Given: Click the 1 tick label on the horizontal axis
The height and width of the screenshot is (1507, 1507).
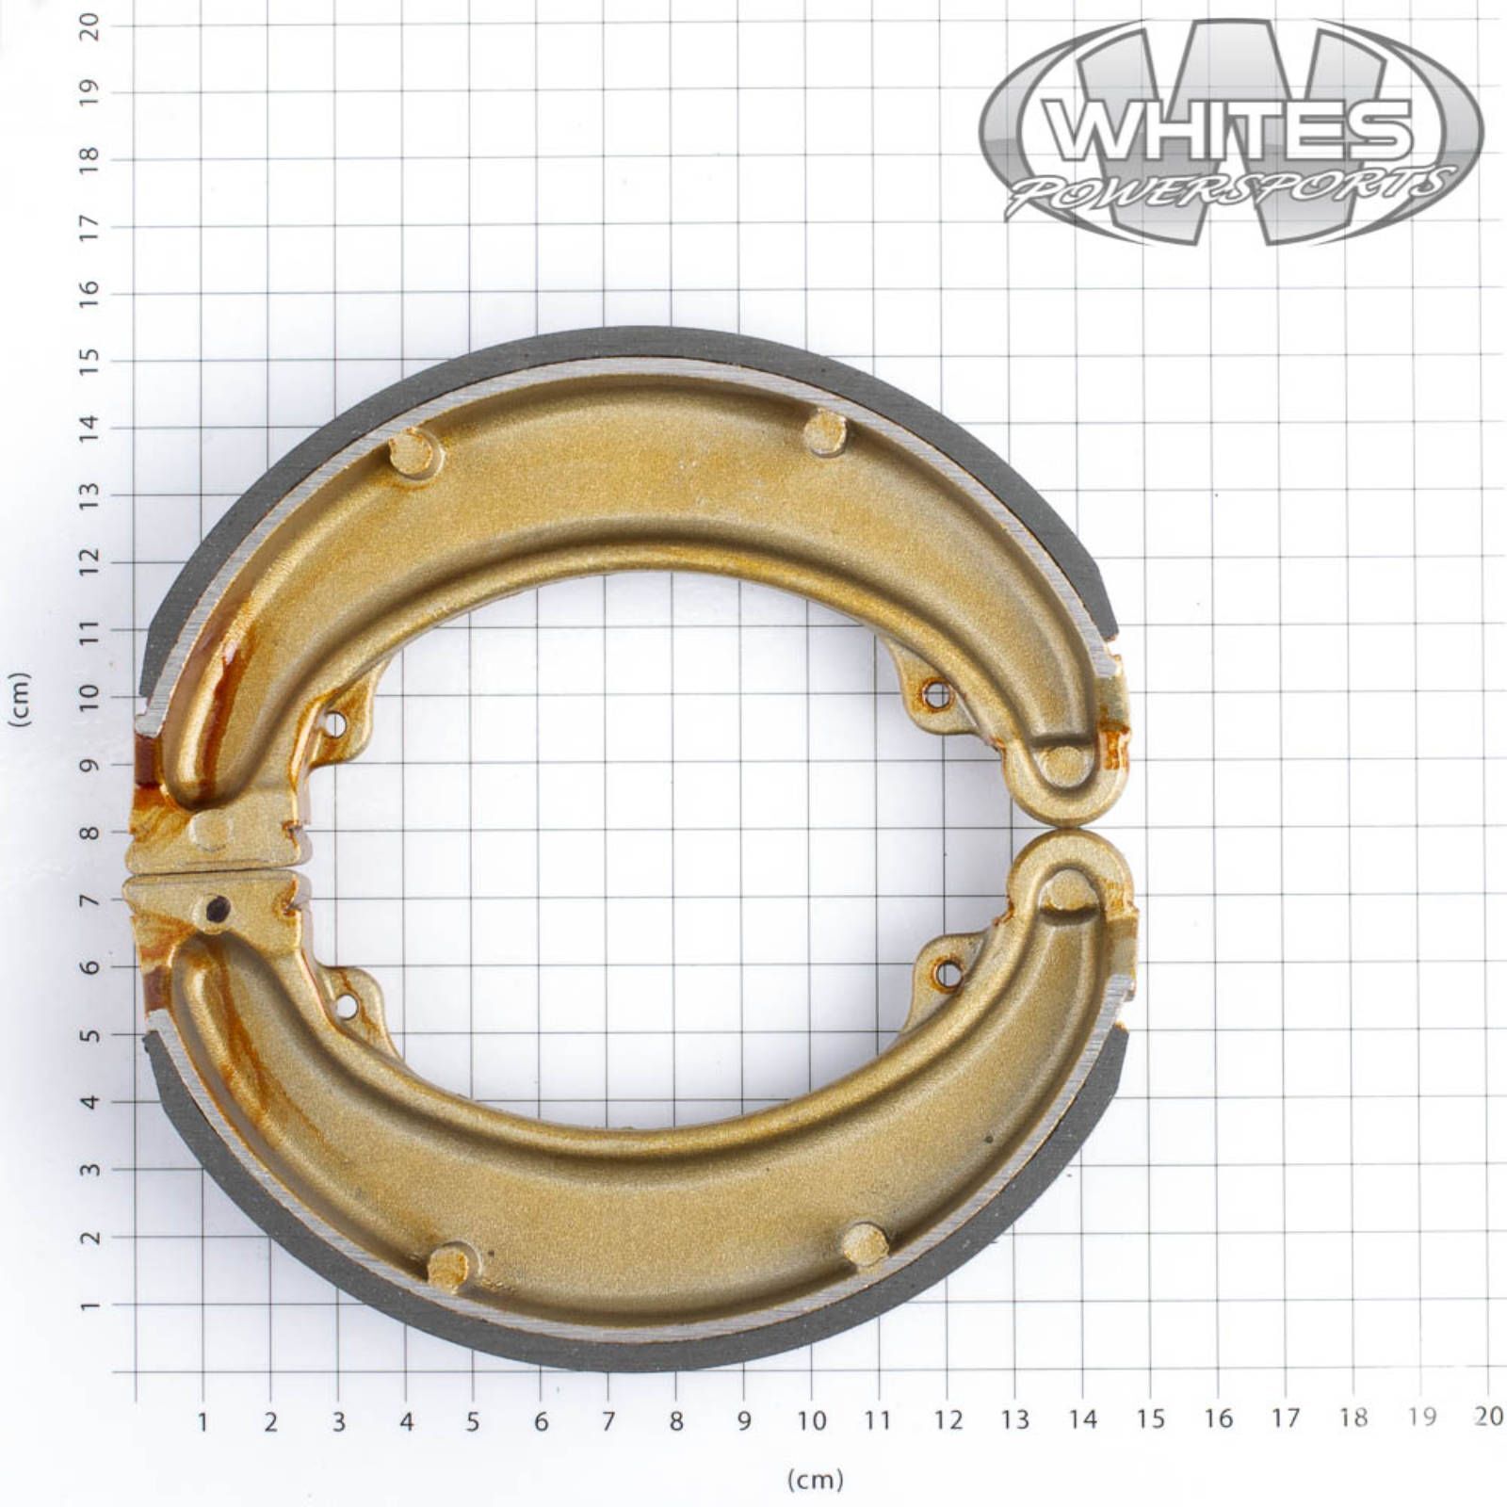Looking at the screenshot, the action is [x=203, y=1421].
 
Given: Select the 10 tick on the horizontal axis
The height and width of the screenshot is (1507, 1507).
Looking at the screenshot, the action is [x=811, y=1419].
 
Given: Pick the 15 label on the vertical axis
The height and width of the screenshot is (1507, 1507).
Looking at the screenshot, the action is [x=89, y=361].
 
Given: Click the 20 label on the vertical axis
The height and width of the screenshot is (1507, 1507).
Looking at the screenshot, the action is [x=89, y=25].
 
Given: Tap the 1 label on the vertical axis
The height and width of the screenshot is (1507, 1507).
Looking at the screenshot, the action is [x=89, y=1306].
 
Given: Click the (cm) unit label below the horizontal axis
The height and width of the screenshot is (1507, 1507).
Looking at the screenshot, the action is [x=816, y=1480].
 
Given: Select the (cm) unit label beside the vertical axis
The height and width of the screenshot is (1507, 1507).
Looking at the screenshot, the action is [x=19, y=699].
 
